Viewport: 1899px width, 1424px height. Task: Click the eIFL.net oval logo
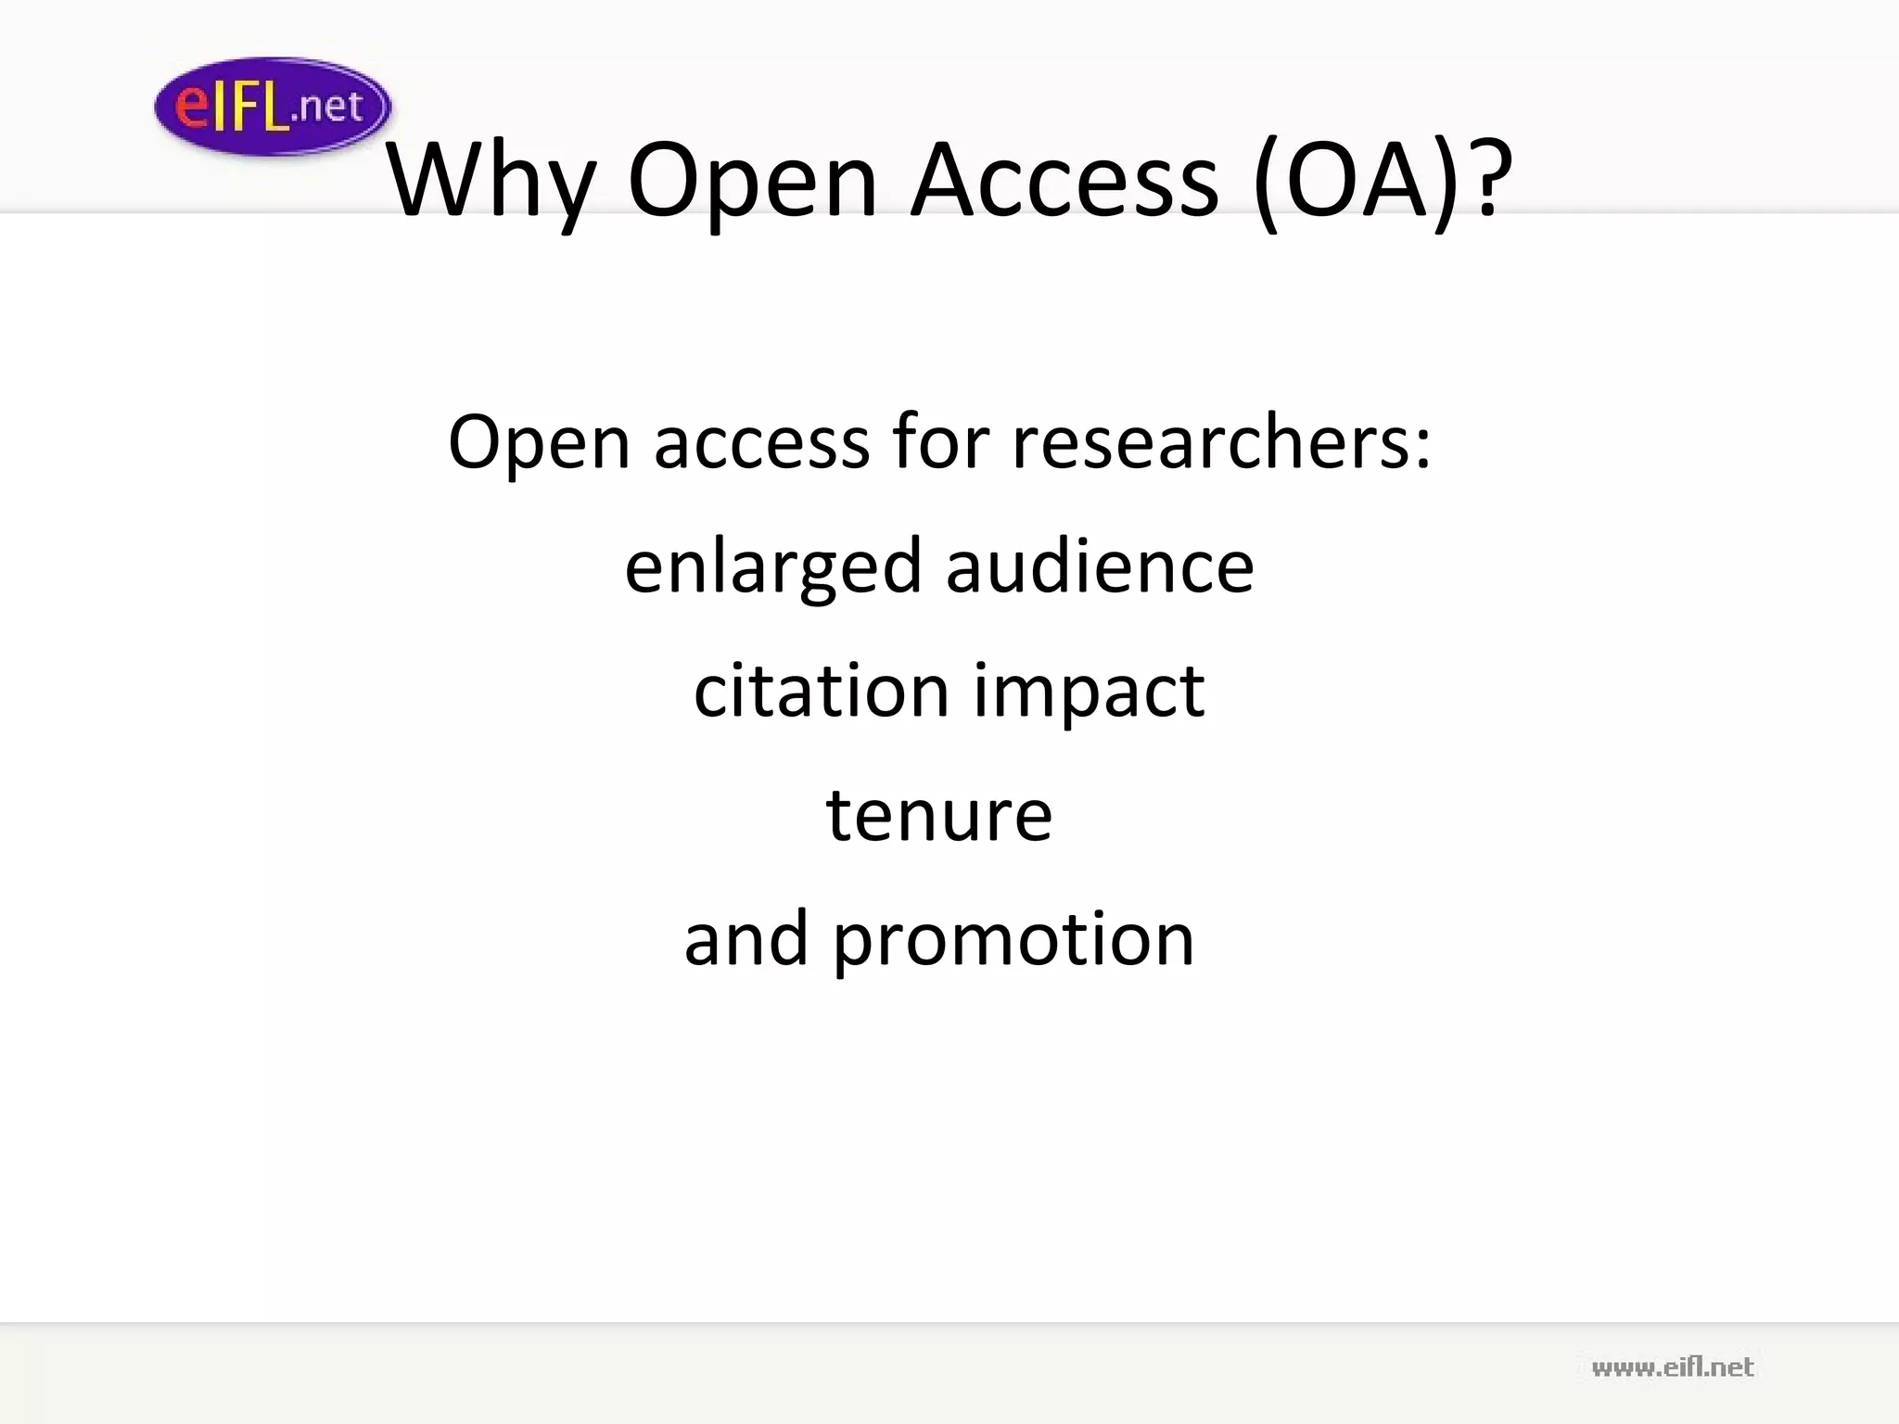[x=272, y=107]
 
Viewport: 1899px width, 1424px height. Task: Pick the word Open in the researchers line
[x=540, y=443]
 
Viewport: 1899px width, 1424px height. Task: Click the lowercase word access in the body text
[x=761, y=443]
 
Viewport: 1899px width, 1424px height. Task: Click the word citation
[x=821, y=690]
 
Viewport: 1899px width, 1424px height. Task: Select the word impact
[x=1089, y=692]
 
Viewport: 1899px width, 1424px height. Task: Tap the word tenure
[x=938, y=815]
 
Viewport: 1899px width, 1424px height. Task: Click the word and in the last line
[x=746, y=938]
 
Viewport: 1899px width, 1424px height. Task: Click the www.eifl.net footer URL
[x=1672, y=1367]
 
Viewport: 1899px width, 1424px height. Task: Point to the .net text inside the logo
[x=327, y=108]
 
